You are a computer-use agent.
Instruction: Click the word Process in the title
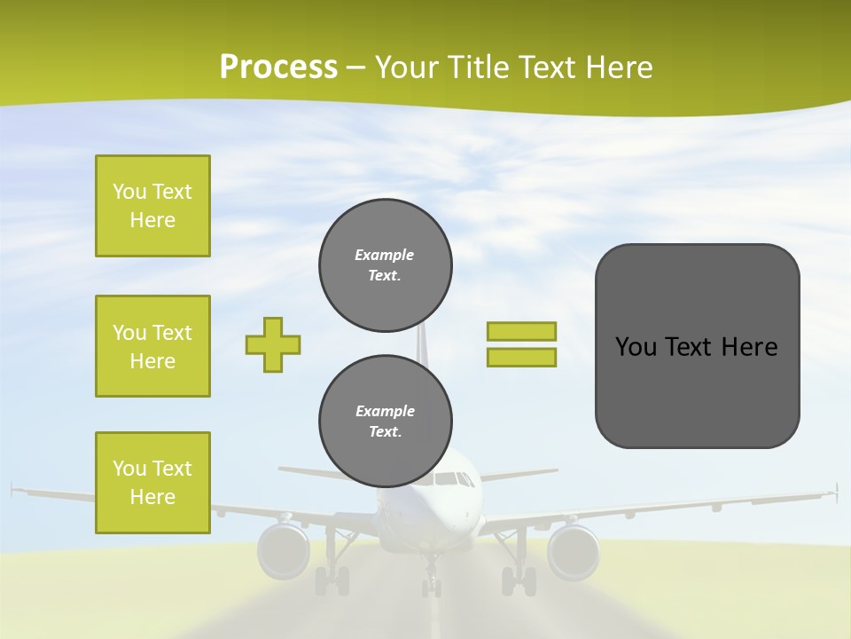[x=278, y=67]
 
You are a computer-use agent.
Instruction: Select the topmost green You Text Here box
[x=152, y=206]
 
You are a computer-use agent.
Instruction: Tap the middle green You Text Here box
[x=152, y=346]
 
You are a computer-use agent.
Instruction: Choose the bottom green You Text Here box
[x=152, y=483]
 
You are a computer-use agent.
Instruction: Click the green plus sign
[x=273, y=344]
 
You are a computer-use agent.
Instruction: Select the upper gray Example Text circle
[x=385, y=265]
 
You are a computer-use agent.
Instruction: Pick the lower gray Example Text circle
[x=385, y=422]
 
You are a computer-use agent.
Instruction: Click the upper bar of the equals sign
[x=521, y=331]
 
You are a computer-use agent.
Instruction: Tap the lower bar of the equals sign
[x=521, y=357]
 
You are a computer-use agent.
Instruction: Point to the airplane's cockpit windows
[x=454, y=479]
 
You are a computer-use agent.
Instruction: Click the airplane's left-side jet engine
[x=284, y=550]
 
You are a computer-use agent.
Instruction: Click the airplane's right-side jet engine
[x=574, y=550]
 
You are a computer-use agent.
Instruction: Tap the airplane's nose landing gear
[x=431, y=581]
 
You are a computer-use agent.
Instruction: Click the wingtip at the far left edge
[x=14, y=488]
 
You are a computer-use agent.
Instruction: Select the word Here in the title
[x=621, y=67]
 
